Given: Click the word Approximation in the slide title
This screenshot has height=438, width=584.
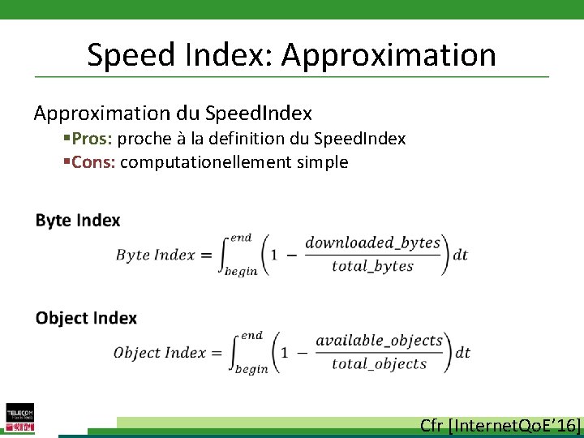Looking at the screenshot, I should point(389,55).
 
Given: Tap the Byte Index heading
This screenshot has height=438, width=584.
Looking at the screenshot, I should point(78,221).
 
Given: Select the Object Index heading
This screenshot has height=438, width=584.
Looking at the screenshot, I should point(86,318).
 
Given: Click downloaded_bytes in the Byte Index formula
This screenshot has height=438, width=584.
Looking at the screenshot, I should point(372,243).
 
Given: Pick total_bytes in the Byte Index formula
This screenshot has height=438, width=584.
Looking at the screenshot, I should point(372,266).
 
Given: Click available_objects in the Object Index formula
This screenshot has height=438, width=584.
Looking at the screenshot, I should point(379,341).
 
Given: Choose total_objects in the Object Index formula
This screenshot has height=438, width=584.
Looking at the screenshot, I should point(379,363).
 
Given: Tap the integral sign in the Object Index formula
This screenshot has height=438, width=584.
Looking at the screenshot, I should point(229,352).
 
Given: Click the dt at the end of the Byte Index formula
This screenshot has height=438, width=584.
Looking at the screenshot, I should point(460,255).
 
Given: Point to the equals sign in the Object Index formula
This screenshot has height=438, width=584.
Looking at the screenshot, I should point(216,353).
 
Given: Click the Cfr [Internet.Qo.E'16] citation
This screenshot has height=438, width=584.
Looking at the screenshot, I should point(500,426).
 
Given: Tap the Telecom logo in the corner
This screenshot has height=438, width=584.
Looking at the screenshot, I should point(19,418).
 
